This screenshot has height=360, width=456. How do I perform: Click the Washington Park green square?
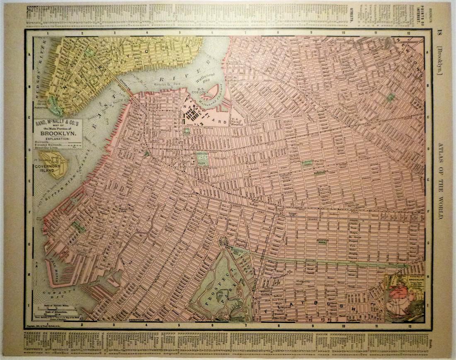[x=201, y=160]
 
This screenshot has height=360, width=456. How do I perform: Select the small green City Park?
[x=187, y=131]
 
